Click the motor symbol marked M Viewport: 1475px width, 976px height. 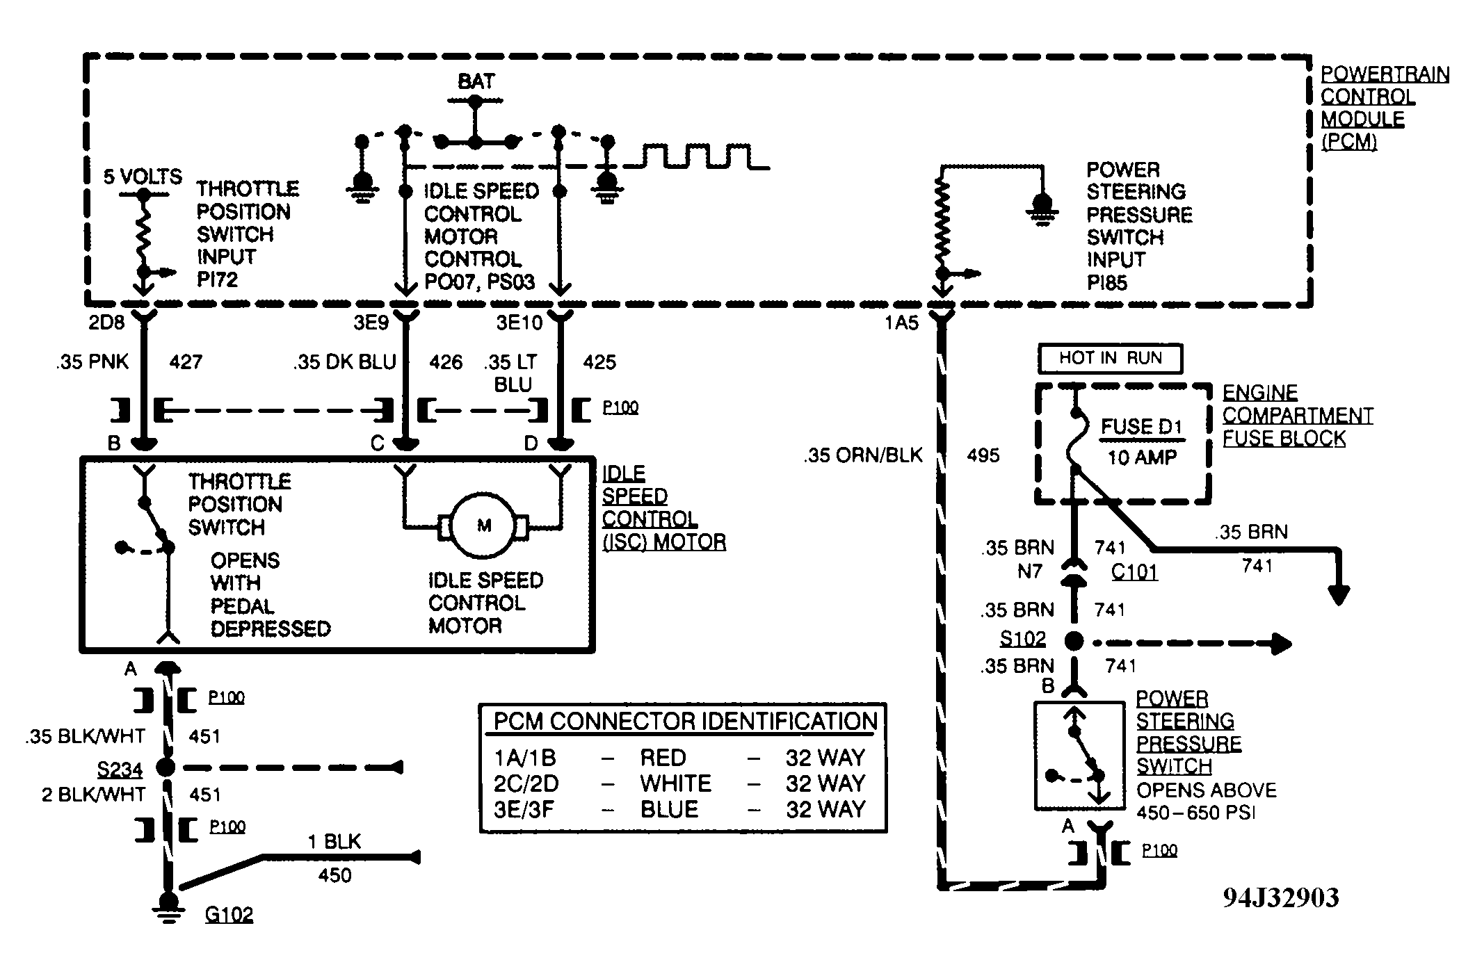(x=484, y=526)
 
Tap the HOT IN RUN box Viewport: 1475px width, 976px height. (x=1110, y=359)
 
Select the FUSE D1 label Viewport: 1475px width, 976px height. (x=1142, y=426)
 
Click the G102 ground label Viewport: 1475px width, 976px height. (x=229, y=913)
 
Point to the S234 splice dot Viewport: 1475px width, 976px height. (x=166, y=767)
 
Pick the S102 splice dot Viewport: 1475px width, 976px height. (x=1074, y=641)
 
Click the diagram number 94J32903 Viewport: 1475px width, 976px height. (x=1281, y=897)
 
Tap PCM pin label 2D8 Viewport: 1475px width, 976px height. (x=106, y=323)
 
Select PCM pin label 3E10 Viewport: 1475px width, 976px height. (x=519, y=323)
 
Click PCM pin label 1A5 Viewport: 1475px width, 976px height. (x=901, y=323)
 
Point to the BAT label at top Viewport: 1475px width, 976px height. (x=476, y=81)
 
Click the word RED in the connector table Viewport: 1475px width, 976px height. (x=663, y=757)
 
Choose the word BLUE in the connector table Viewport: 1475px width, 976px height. (x=669, y=809)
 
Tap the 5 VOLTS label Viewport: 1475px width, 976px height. (x=143, y=177)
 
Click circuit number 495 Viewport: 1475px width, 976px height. (x=983, y=455)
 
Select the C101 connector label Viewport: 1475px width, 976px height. (x=1134, y=571)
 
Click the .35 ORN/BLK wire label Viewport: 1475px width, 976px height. (x=863, y=455)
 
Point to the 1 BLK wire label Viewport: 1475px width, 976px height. (x=335, y=842)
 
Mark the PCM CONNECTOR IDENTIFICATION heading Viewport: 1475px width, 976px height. (x=686, y=721)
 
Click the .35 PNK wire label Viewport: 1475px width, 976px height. (x=92, y=362)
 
